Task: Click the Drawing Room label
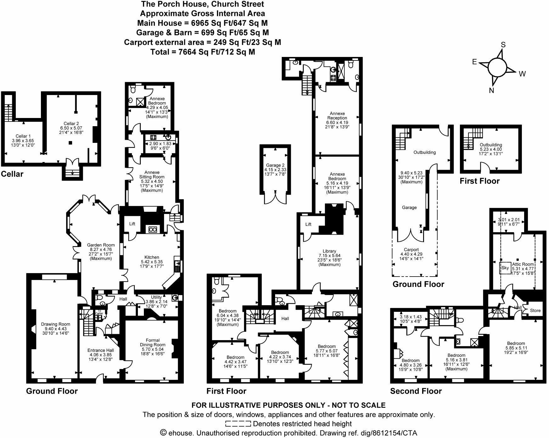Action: [55, 324]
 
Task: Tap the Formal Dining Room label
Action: [153, 342]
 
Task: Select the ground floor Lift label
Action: [132, 224]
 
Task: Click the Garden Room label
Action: [101, 245]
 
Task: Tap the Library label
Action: [329, 251]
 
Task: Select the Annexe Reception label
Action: [337, 115]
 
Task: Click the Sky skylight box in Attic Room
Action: [505, 268]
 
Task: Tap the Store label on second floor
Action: [535, 310]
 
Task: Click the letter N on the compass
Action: [491, 91]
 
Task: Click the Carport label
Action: [411, 250]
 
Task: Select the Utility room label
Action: [156, 297]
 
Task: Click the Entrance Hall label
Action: [101, 350]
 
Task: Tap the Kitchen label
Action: [152, 257]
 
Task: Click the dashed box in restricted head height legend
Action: [238, 424]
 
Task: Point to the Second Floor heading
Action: [416, 391]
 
